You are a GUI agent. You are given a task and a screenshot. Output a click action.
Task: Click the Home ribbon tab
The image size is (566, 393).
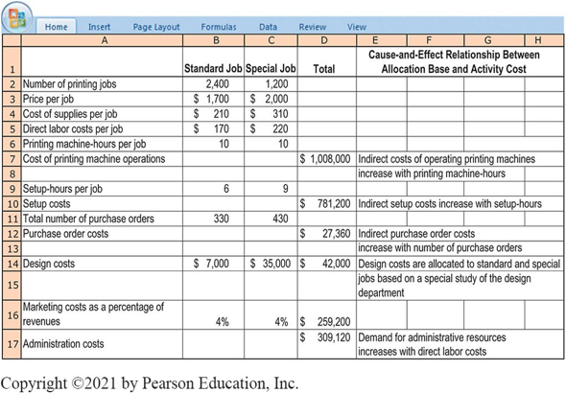click(56, 28)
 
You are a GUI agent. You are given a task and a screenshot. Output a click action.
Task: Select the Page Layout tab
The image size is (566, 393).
click(155, 28)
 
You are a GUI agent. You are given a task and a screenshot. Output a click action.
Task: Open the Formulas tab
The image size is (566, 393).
click(219, 28)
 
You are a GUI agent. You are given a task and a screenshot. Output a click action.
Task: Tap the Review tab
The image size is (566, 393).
click(312, 28)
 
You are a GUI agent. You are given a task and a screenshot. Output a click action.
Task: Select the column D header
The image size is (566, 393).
click(324, 41)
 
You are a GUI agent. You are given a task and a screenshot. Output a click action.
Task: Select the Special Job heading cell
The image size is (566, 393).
click(271, 69)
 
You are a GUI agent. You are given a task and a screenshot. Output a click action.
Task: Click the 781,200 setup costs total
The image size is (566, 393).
click(324, 203)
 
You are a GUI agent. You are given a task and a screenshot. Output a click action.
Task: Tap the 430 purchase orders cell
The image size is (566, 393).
click(272, 218)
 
